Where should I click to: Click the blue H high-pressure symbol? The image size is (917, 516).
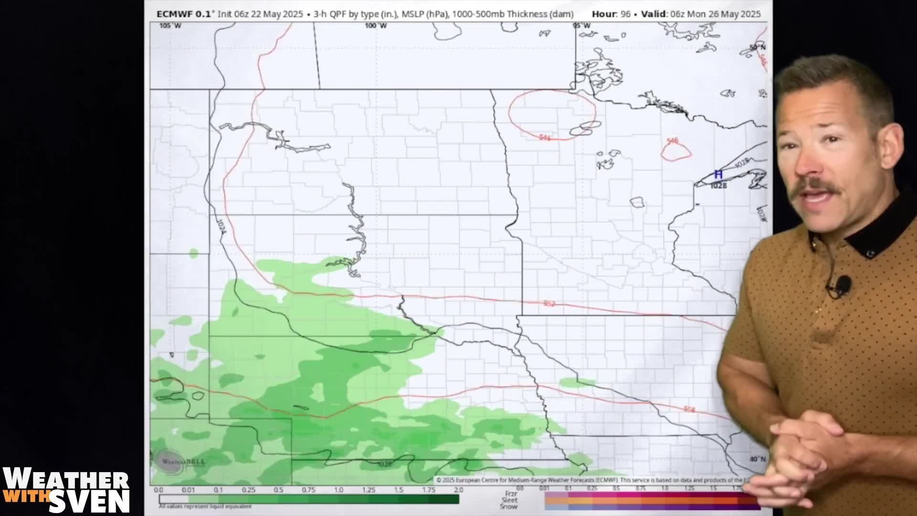718,175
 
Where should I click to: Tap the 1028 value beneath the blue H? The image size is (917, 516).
718,185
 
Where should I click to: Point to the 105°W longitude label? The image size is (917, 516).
171,25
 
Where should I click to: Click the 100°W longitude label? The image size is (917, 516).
376,25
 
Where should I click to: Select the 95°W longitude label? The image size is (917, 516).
582,25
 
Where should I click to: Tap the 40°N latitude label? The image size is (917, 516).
757,459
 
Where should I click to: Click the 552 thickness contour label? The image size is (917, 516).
549,303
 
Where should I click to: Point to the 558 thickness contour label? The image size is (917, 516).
689,409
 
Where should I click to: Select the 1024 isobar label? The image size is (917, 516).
221,226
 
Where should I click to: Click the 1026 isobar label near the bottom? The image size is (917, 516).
384,464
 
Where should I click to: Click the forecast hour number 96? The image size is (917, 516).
625,14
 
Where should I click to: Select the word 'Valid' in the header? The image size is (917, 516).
653,14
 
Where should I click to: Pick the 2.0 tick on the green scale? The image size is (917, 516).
458,490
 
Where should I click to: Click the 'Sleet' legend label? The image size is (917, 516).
510,500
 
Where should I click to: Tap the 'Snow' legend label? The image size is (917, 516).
509,506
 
